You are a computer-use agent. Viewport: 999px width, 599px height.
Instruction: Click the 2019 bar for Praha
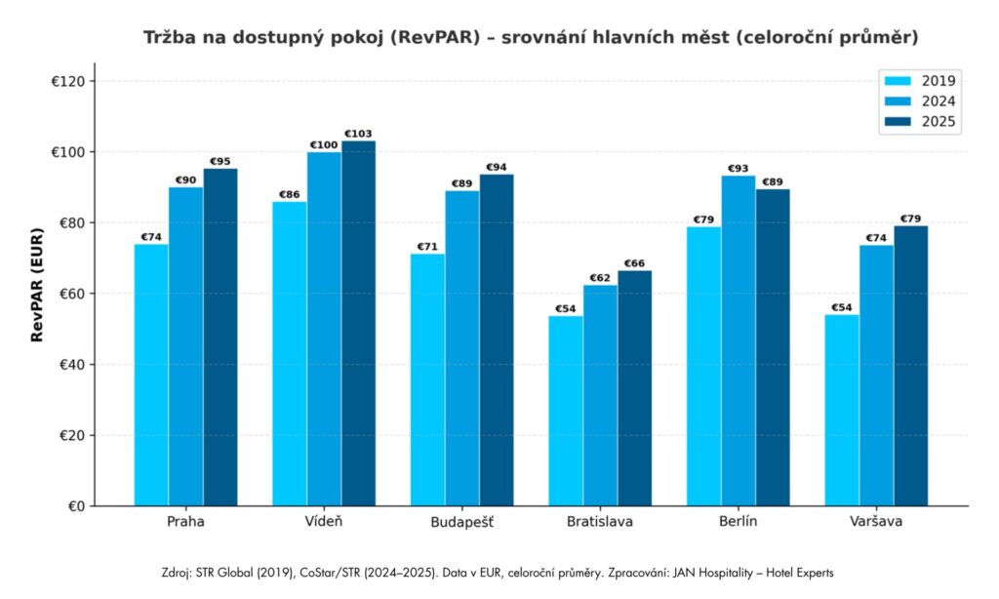[x=151, y=375]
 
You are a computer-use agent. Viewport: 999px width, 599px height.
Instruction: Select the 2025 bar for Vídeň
[x=358, y=323]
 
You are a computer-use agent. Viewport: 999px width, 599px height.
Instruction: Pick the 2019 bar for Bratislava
[x=566, y=411]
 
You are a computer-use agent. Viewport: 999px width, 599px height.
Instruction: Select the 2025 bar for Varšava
[x=911, y=366]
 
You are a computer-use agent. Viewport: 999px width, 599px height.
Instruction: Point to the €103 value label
[x=358, y=134]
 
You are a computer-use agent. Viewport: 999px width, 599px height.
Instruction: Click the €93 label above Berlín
[x=739, y=169]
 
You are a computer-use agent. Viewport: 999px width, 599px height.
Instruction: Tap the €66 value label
[x=634, y=263]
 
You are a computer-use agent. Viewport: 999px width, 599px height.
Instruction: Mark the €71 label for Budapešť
[x=427, y=247]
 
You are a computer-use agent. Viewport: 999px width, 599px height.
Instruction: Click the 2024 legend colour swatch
[x=896, y=101]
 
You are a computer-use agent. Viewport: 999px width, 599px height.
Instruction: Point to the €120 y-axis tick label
[x=72, y=81]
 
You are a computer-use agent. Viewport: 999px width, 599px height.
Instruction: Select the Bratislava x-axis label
[x=600, y=522]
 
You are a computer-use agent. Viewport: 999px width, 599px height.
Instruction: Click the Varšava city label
[x=876, y=522]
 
